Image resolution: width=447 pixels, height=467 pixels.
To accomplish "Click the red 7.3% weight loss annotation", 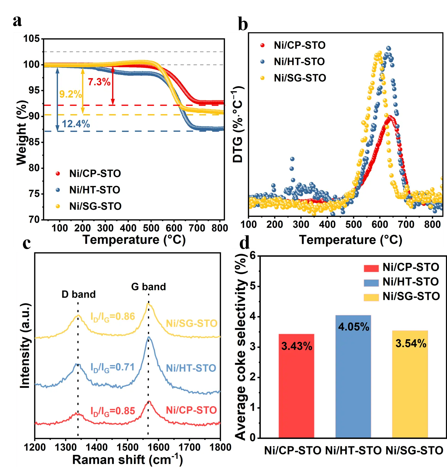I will [99, 82].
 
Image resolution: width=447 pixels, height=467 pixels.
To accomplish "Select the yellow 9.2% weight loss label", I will [70, 94].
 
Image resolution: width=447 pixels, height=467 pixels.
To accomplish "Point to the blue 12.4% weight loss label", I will [76, 124].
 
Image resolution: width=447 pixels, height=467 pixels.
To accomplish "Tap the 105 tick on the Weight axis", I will [31, 39].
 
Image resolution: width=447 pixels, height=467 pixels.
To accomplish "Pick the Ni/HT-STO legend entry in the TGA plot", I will [95, 190].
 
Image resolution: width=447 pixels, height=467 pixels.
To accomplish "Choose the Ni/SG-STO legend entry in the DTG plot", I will [300, 78].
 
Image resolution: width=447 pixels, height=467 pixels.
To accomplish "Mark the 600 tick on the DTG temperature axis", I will [380, 225].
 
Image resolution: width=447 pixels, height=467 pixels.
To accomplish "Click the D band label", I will [79, 294].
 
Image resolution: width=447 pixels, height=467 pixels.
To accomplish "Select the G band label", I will [148, 287].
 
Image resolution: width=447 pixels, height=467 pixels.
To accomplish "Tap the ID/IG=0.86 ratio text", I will [113, 317].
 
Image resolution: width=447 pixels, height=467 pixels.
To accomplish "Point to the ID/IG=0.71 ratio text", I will [112, 367].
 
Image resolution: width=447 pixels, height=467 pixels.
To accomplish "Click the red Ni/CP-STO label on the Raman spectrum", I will [191, 410].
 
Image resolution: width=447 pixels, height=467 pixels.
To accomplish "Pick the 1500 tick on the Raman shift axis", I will [127, 447].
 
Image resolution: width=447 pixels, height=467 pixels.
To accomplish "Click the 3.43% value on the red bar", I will [297, 346].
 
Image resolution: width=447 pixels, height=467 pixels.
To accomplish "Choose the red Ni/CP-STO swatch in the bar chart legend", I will [371, 268].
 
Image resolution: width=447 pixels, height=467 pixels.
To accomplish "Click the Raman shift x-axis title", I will [127, 460].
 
